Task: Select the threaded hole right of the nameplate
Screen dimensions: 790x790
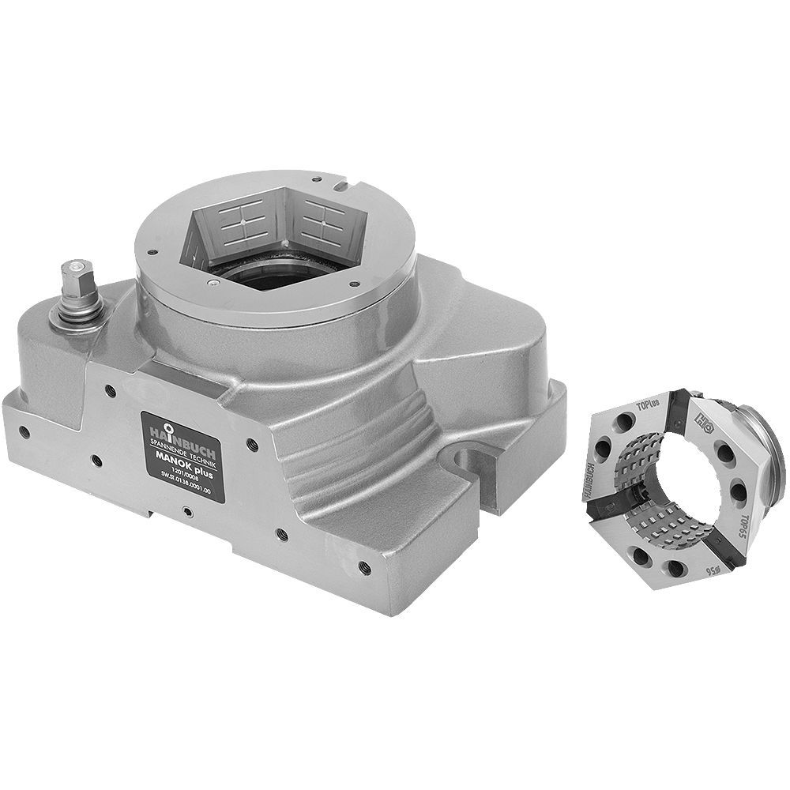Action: click(252, 445)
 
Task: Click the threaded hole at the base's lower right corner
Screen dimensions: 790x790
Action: click(363, 566)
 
